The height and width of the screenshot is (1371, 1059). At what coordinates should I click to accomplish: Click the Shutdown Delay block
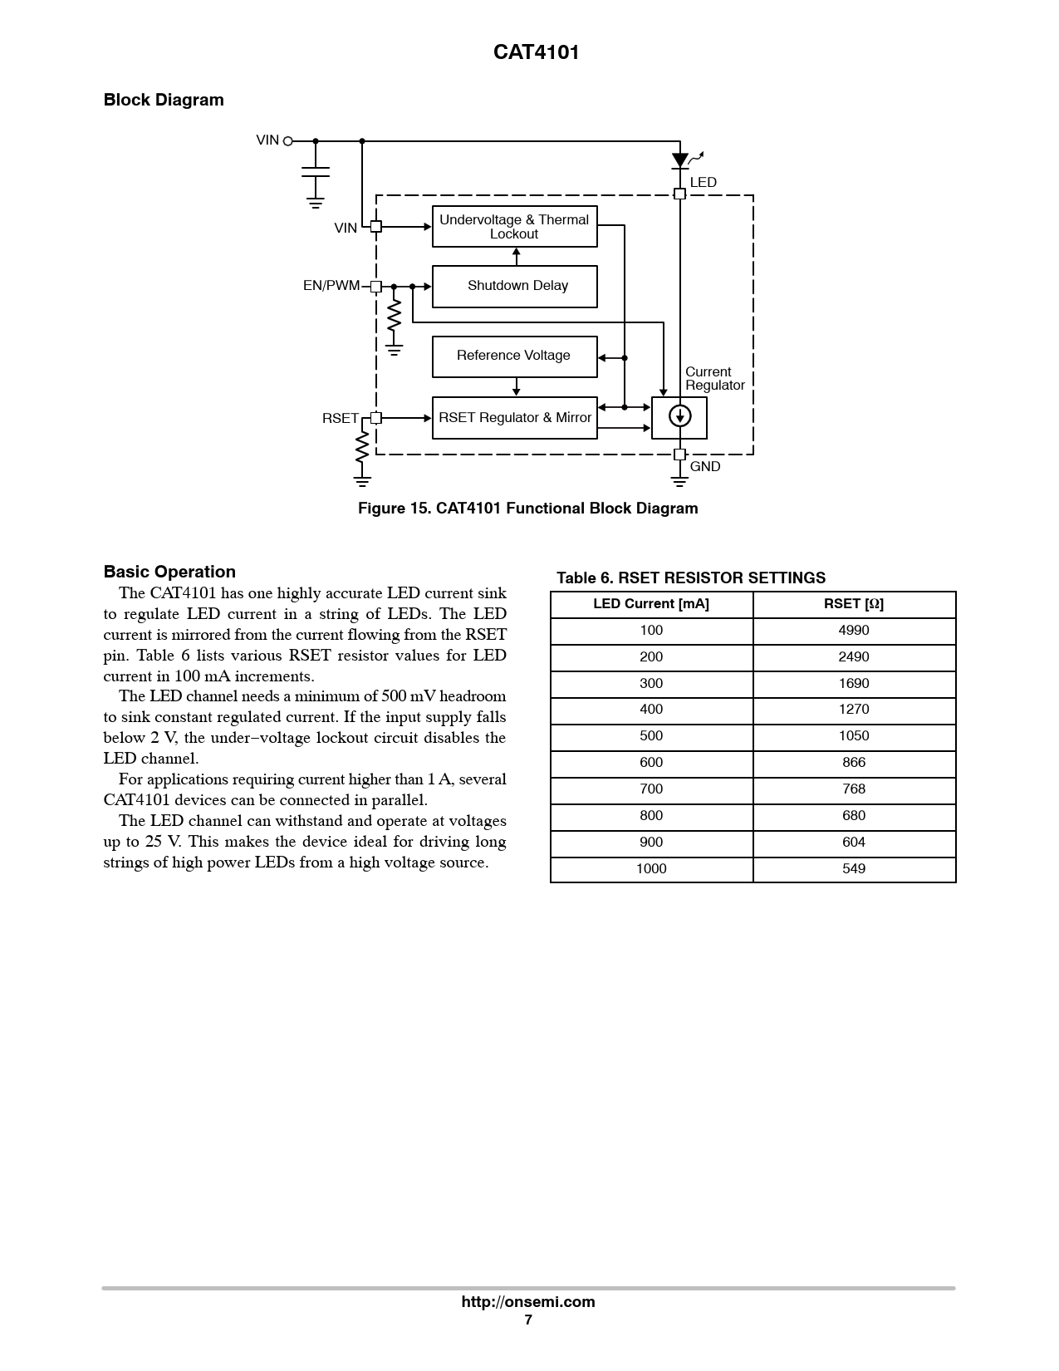click(515, 286)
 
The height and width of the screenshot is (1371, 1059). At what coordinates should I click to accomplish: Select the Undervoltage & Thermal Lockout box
click(515, 226)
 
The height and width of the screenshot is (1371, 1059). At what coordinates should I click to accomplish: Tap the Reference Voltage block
click(515, 356)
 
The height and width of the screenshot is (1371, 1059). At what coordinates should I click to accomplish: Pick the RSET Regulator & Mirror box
click(515, 417)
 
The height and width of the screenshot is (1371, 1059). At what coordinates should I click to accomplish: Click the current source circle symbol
click(679, 415)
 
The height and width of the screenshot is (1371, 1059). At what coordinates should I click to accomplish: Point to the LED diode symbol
click(680, 160)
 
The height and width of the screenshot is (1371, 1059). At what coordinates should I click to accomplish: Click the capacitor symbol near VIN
click(315, 172)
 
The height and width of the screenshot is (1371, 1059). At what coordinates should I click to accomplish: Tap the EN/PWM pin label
click(331, 286)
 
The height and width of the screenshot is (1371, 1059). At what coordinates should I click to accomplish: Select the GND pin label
click(705, 467)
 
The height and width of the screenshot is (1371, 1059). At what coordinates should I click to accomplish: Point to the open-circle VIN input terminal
click(288, 141)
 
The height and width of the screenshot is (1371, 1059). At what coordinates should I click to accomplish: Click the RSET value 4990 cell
click(854, 631)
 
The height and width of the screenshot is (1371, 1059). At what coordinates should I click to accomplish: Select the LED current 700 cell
click(651, 789)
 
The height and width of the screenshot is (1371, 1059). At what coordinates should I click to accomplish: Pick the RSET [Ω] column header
click(854, 604)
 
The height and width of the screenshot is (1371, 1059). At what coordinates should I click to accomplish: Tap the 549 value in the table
click(854, 869)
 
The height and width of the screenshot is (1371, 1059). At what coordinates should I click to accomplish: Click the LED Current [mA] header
click(651, 604)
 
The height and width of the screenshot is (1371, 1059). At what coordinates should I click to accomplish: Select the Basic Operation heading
click(169, 572)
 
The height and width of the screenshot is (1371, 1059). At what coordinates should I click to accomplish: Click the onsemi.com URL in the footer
click(528, 1302)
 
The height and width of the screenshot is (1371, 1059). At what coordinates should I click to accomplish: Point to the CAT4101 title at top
click(537, 52)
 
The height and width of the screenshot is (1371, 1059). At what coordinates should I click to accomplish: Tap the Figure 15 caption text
click(528, 509)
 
